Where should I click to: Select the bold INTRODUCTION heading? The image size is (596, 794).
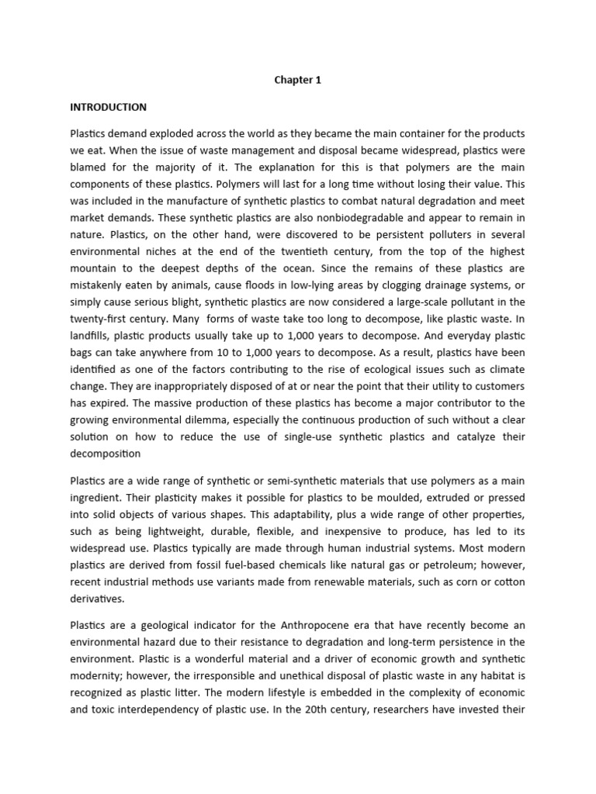[108, 107]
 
